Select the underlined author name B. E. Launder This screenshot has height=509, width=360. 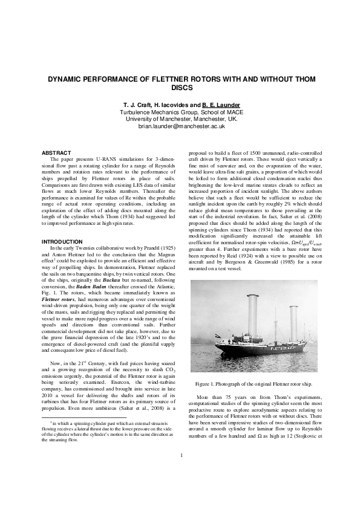coord(221,105)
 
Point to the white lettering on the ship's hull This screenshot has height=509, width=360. coord(286,349)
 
